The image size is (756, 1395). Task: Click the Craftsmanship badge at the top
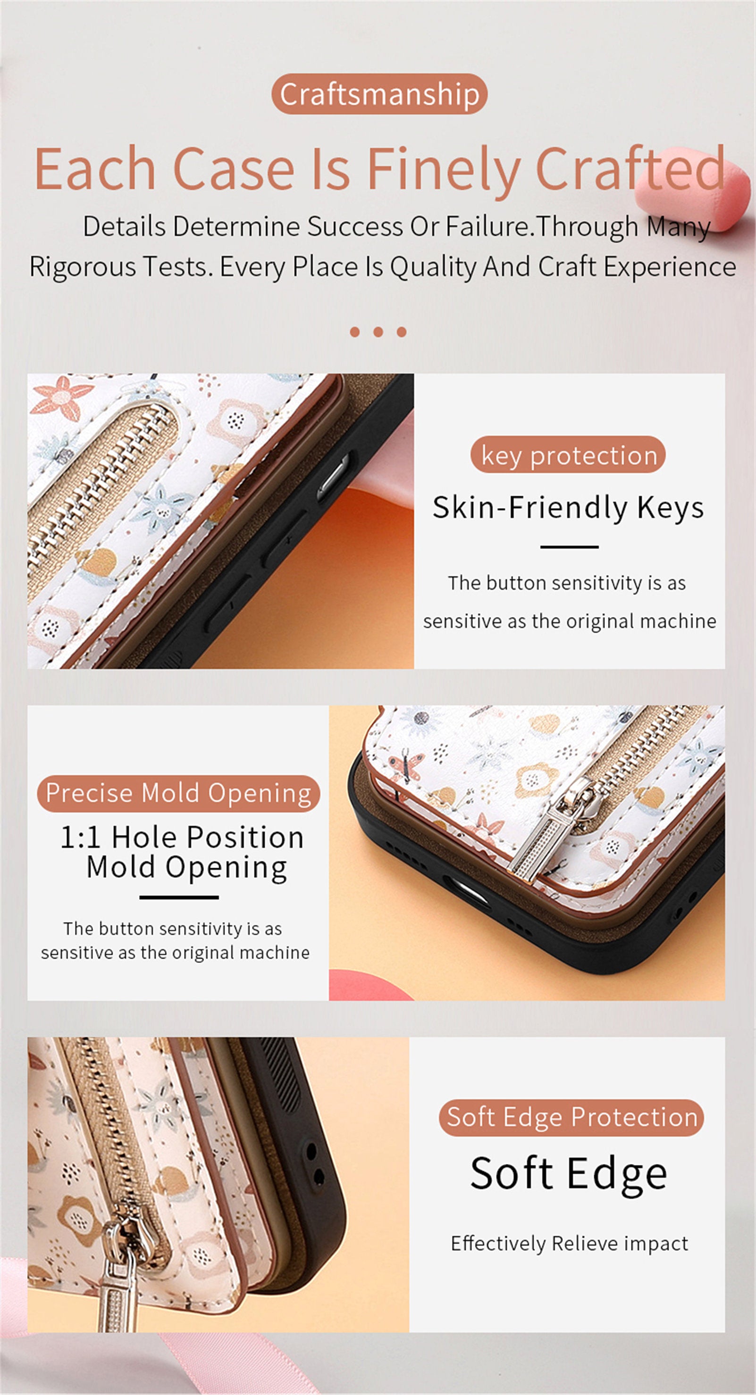coord(379,94)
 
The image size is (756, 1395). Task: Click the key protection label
coord(568,455)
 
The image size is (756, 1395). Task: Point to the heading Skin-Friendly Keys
coord(568,507)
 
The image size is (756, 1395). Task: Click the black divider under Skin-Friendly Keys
coord(569,547)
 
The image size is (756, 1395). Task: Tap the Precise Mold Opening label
coord(178,793)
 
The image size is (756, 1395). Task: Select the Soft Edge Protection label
coord(571,1117)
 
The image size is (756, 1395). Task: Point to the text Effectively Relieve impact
coord(569,1243)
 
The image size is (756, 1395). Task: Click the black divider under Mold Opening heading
coord(179,897)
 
